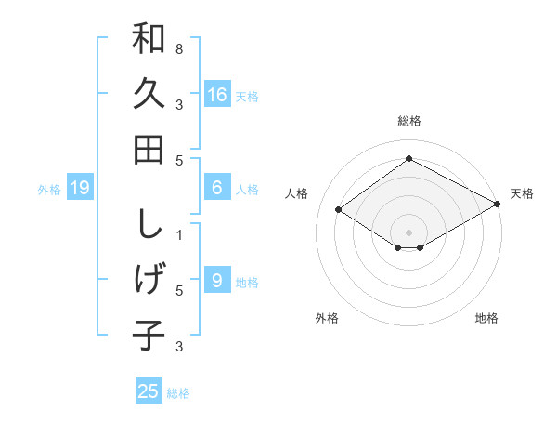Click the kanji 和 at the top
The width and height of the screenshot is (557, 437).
(x=149, y=41)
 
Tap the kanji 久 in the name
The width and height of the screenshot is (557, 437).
(x=149, y=94)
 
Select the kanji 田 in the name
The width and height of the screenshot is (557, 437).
(x=149, y=149)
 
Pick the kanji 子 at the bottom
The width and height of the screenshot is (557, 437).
(x=149, y=335)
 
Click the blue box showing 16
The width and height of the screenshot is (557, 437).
(x=217, y=95)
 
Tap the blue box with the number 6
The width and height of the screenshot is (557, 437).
(x=217, y=188)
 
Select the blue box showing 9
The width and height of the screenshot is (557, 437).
(x=217, y=281)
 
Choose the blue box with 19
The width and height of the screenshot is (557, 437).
(x=80, y=189)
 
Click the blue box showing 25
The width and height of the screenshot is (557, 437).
(x=149, y=391)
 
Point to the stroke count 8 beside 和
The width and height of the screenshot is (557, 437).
(x=179, y=48)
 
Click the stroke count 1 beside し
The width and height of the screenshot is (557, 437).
(x=179, y=235)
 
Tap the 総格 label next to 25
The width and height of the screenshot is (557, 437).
(x=178, y=393)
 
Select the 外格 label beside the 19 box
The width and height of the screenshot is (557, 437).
(x=49, y=190)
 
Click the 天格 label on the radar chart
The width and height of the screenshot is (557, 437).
(x=522, y=193)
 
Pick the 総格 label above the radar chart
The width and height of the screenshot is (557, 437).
(x=408, y=121)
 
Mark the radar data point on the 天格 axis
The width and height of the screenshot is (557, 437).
(x=497, y=204)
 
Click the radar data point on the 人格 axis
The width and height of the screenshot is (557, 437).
(x=339, y=210)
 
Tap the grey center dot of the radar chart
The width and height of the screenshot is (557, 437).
(x=408, y=231)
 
